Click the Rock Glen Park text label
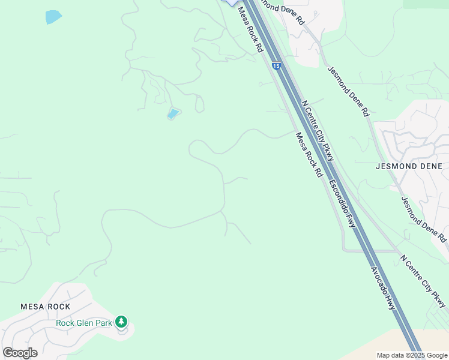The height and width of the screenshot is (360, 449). pyautogui.click(x=84, y=323)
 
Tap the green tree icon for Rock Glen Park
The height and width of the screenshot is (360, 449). pyautogui.click(x=122, y=322)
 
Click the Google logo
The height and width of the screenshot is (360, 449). pyautogui.click(x=20, y=353)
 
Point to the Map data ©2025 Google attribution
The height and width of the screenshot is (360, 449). pyautogui.click(x=412, y=355)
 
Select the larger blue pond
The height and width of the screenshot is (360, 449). pyautogui.click(x=53, y=17)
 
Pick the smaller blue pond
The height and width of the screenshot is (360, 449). pyautogui.click(x=173, y=113)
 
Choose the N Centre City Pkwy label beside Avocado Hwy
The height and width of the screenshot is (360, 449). pyautogui.click(x=424, y=281)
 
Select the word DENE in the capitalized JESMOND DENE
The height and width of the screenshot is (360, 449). pyautogui.click(x=429, y=166)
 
